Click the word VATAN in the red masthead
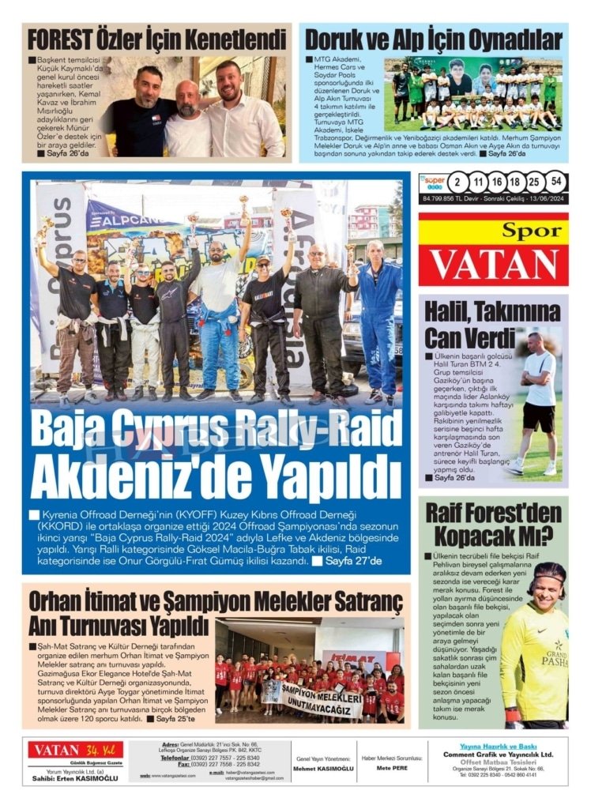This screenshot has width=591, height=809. pyautogui.click(x=493, y=265)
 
